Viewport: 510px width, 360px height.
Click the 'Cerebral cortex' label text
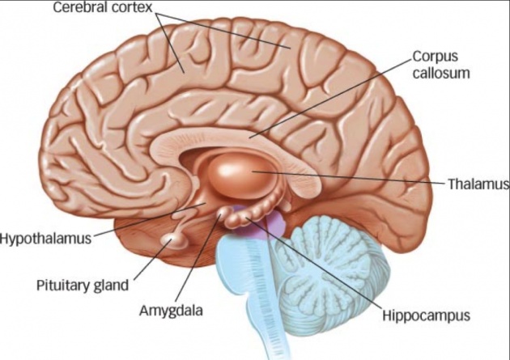click(103, 7)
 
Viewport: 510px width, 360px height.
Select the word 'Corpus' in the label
click(436, 57)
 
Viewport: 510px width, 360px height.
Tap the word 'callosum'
click(441, 73)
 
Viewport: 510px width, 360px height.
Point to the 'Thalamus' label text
click(478, 184)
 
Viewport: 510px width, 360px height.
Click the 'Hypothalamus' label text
click(45, 239)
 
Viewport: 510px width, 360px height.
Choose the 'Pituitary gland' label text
click(83, 286)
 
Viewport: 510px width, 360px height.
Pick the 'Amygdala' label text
click(171, 311)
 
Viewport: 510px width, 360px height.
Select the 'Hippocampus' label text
click(426, 316)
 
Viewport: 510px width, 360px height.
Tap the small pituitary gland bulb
click(173, 242)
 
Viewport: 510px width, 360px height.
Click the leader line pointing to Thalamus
click(348, 177)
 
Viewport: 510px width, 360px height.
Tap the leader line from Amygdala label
click(198, 258)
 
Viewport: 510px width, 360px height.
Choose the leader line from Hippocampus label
click(313, 263)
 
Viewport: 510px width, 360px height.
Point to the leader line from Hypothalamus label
click(149, 220)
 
